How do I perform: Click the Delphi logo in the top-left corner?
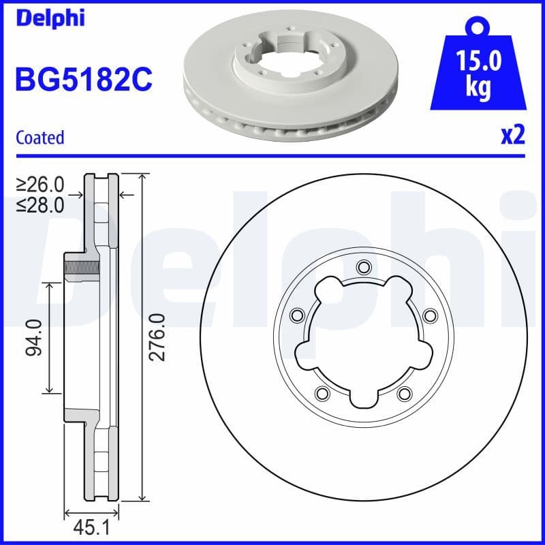(50, 18)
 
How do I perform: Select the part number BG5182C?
(83, 80)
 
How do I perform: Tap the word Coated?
(40, 138)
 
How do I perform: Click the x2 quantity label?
(512, 136)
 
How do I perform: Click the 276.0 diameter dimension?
(157, 337)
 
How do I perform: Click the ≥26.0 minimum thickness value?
(41, 185)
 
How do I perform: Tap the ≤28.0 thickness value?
(41, 204)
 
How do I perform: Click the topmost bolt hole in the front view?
(362, 266)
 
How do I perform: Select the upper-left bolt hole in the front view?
(296, 315)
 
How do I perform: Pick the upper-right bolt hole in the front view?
(429, 315)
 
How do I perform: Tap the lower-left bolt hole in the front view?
(322, 392)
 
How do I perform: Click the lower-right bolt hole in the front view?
(404, 392)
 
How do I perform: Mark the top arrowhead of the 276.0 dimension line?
(142, 178)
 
